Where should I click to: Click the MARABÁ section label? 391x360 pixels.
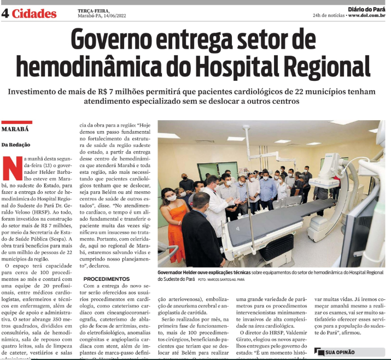(16, 129)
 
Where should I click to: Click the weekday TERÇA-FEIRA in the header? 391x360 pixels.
(91, 10)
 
